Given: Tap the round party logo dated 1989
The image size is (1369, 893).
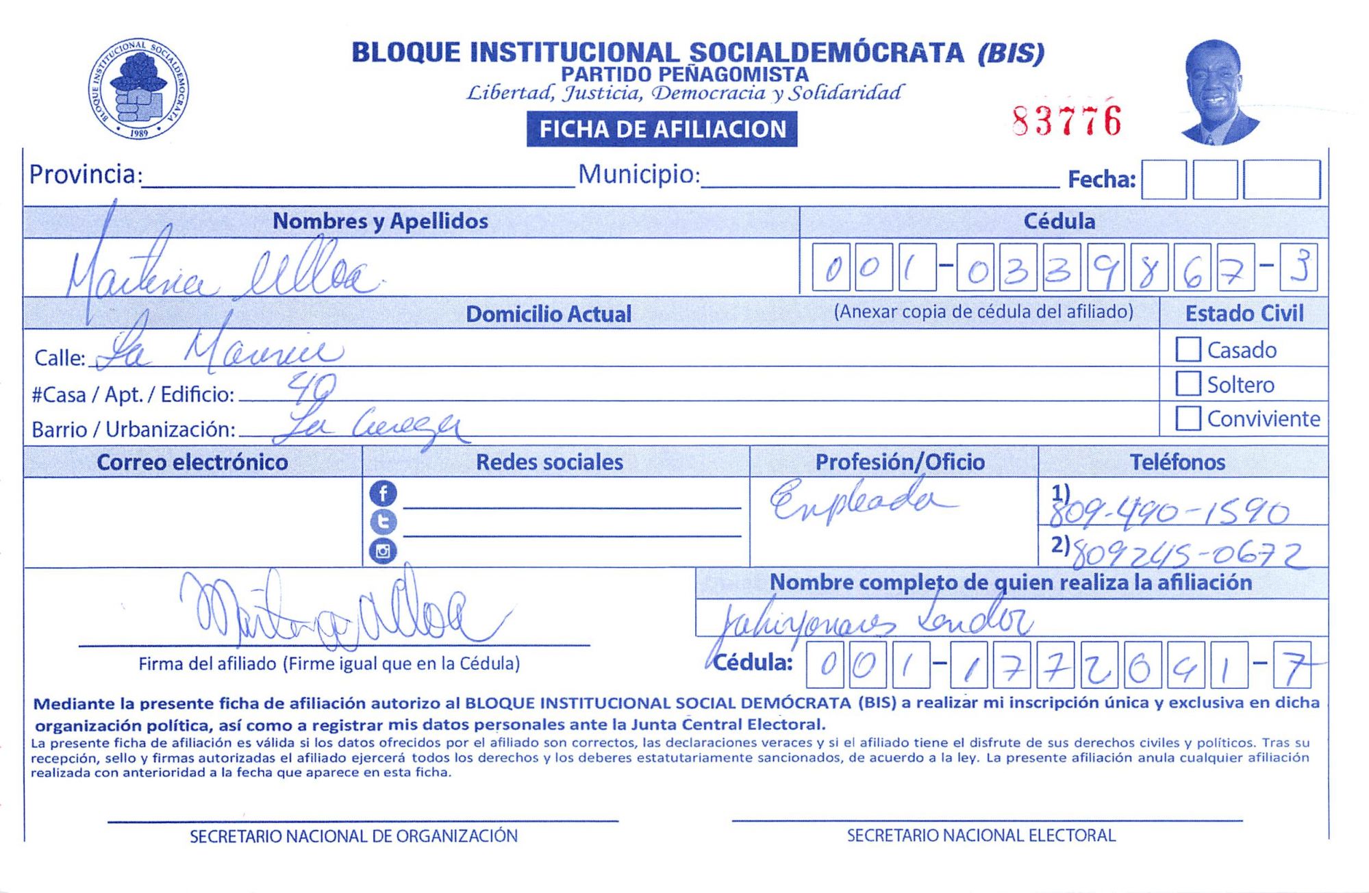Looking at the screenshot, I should [139, 89].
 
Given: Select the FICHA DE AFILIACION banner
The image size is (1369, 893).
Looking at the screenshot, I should [662, 129].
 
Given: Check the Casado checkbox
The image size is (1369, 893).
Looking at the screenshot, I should [1188, 349].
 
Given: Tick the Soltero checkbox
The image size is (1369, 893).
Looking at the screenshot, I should [1188, 383].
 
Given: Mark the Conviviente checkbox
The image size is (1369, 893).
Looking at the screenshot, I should [1188, 418].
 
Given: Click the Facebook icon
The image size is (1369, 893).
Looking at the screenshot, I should [383, 493].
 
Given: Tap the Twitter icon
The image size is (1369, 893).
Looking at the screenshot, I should [383, 523].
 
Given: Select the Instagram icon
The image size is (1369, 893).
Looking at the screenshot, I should [383, 551].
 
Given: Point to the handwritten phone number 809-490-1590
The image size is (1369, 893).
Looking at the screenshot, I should [1169, 512].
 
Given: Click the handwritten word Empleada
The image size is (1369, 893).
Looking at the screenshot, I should [859, 499].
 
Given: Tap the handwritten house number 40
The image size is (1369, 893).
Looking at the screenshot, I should [312, 388].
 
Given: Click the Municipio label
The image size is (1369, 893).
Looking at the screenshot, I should [638, 175].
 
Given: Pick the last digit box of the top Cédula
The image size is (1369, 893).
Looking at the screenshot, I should [1298, 267].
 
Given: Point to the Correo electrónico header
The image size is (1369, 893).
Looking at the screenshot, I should [192, 462].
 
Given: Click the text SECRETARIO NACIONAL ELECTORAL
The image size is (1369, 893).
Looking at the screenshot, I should [981, 835].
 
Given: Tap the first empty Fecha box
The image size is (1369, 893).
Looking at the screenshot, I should [1164, 179].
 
